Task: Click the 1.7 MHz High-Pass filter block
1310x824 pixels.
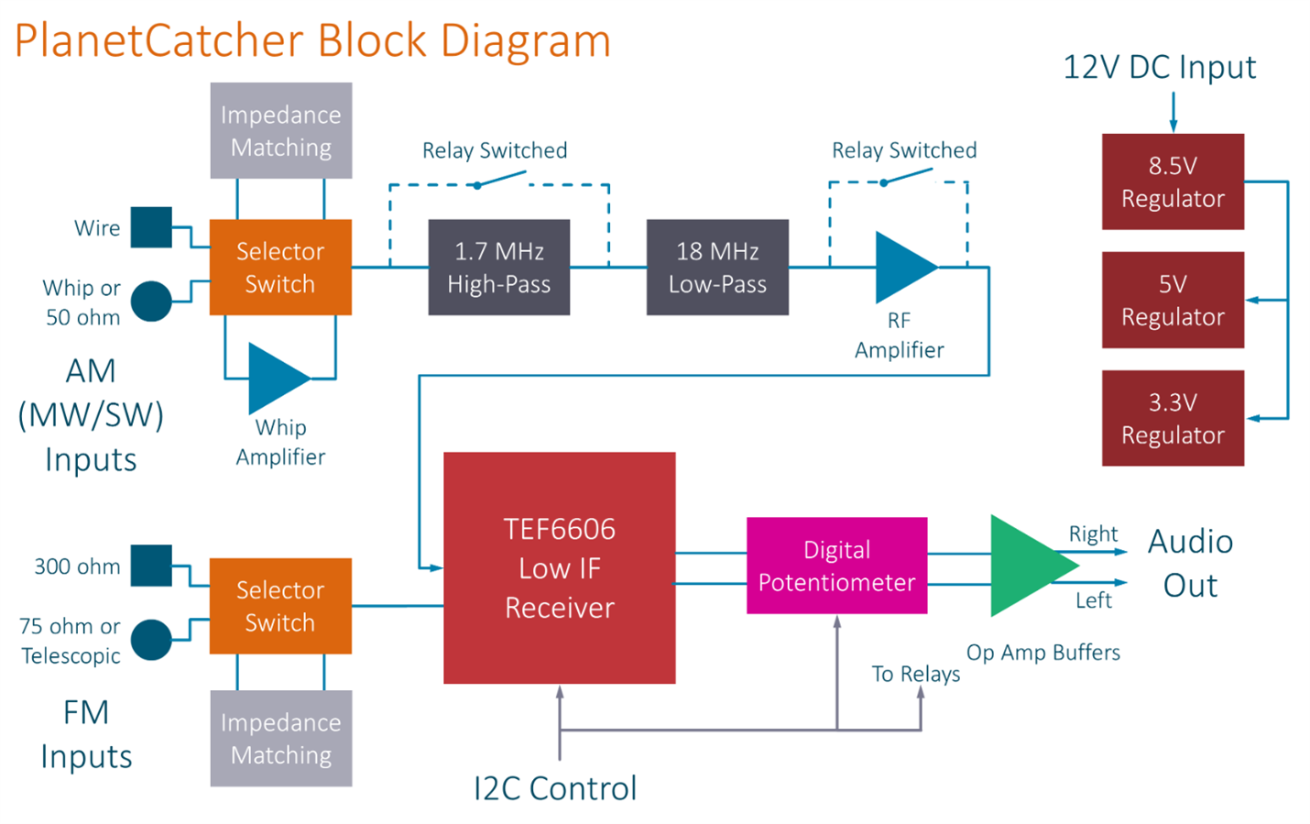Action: pos(498,267)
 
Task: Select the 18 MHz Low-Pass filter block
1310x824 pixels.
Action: pos(717,267)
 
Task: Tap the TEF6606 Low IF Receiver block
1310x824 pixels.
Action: pos(559,567)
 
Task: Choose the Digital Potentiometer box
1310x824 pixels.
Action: pos(836,566)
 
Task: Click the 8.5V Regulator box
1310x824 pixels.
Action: pos(1173,181)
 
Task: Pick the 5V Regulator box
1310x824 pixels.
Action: pos(1173,300)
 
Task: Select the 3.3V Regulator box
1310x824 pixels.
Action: pos(1173,418)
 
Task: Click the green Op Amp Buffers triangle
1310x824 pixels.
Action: pos(1026,565)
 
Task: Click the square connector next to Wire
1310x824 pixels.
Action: pos(151,227)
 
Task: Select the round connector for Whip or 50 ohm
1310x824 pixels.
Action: pos(151,301)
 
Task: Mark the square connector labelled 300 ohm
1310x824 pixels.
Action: pos(151,566)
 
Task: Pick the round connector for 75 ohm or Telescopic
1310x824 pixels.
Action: pos(151,640)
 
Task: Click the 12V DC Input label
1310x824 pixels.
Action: pos(1159,67)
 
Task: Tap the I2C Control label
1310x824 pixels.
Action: pos(554,788)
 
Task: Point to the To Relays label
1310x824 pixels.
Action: pos(915,674)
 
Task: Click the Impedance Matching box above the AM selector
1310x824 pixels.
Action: pos(281,130)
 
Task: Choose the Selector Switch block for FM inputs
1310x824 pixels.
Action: pos(280,606)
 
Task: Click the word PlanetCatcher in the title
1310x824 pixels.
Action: pos(158,41)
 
